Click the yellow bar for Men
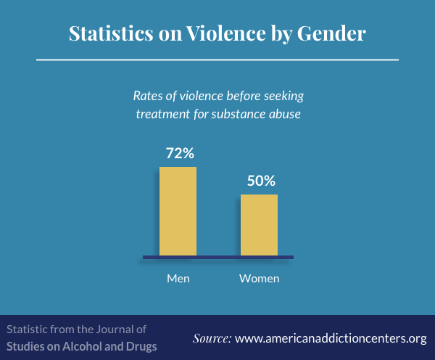178,211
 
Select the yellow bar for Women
259,225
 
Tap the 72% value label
180,153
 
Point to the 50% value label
261,181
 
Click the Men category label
178,278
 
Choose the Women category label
260,278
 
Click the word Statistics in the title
111,33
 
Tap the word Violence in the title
225,33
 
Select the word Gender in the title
331,33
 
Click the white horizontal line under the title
217,60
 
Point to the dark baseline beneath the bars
218,257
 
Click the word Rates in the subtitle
148,96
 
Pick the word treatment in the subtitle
163,114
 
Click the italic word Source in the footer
212,338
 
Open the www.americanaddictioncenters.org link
331,339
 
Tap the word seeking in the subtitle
283,97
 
